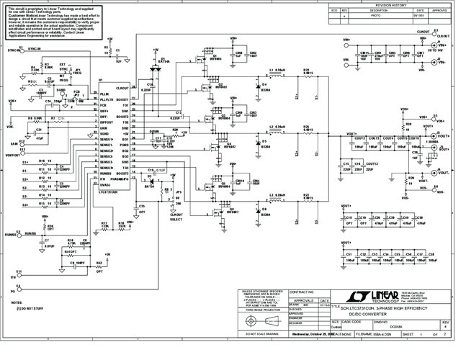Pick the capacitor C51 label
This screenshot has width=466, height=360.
coord(349,253)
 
